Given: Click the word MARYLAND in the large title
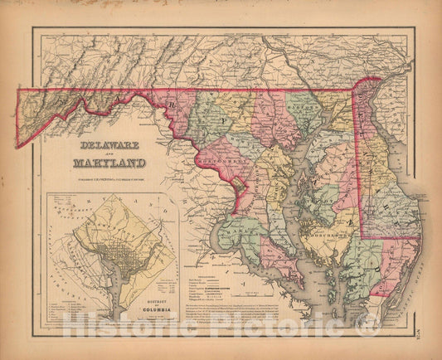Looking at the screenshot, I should [x=109, y=163].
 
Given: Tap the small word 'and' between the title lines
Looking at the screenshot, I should [x=109, y=152].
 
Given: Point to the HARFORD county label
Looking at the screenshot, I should [x=306, y=104].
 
